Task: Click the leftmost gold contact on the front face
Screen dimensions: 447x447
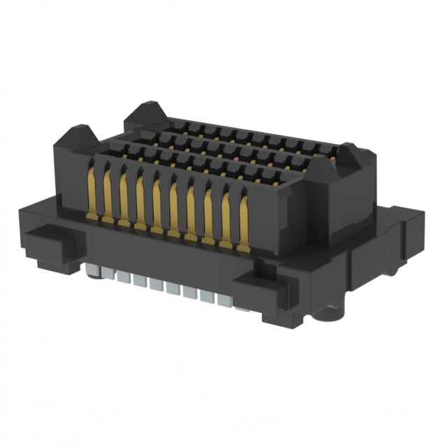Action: coord(91,192)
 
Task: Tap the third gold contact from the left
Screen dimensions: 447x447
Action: coord(124,198)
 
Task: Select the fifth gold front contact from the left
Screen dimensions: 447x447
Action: coord(156,204)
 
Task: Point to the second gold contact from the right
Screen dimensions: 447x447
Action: coord(226,217)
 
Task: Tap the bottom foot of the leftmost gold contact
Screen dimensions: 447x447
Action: coord(91,219)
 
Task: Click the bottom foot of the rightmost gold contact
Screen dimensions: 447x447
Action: coord(243,249)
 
